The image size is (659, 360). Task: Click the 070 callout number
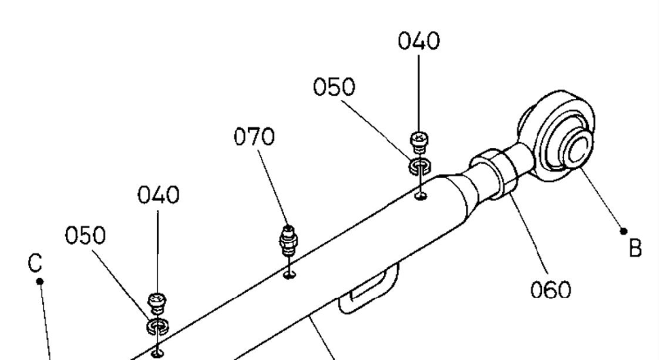[x=255, y=137]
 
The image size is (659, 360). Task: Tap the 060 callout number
[x=551, y=290]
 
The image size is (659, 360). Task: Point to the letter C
[x=39, y=263]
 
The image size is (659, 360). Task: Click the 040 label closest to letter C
[x=158, y=196]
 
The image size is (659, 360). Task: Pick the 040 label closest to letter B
[x=418, y=41]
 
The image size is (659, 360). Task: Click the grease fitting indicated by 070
[x=289, y=241]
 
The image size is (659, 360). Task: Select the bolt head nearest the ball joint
[x=420, y=140]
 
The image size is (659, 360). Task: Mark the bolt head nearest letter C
[x=158, y=300]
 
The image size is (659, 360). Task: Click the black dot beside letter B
[x=624, y=231]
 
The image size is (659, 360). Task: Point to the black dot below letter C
[x=41, y=281]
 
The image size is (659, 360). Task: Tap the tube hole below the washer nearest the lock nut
[x=422, y=197]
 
